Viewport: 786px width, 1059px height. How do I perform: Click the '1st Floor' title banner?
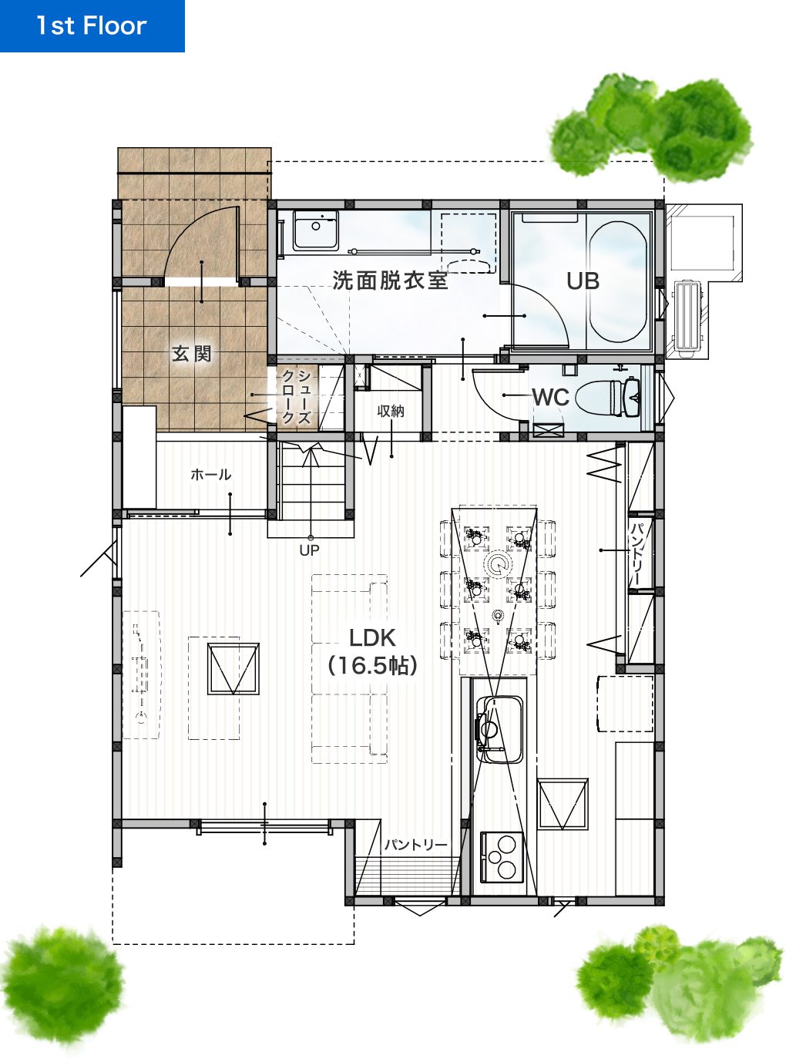coord(92,25)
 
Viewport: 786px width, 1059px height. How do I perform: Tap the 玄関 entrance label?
coord(191,354)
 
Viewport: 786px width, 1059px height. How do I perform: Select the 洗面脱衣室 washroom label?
coord(390,281)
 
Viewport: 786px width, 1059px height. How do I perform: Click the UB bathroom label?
coord(583,281)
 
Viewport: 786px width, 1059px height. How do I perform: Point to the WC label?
coord(550,397)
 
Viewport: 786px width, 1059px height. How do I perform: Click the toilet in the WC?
coord(607,397)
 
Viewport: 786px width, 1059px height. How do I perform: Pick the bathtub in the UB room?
coord(618,281)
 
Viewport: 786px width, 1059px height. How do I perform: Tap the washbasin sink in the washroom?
coord(316,230)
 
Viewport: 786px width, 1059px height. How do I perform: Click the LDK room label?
coord(372,638)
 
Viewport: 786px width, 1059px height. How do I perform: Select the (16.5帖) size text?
coord(372,666)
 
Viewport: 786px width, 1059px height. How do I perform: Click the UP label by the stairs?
coord(309,550)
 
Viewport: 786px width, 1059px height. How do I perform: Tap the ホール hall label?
coord(210,475)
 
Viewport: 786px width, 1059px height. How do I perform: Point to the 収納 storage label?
coord(391,411)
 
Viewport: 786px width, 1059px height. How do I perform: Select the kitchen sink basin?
coord(499,730)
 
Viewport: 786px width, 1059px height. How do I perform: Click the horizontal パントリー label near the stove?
coord(416,845)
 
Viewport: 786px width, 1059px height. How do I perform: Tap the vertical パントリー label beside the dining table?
coord(636,554)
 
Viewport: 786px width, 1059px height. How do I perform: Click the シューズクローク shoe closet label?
coord(297,397)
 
